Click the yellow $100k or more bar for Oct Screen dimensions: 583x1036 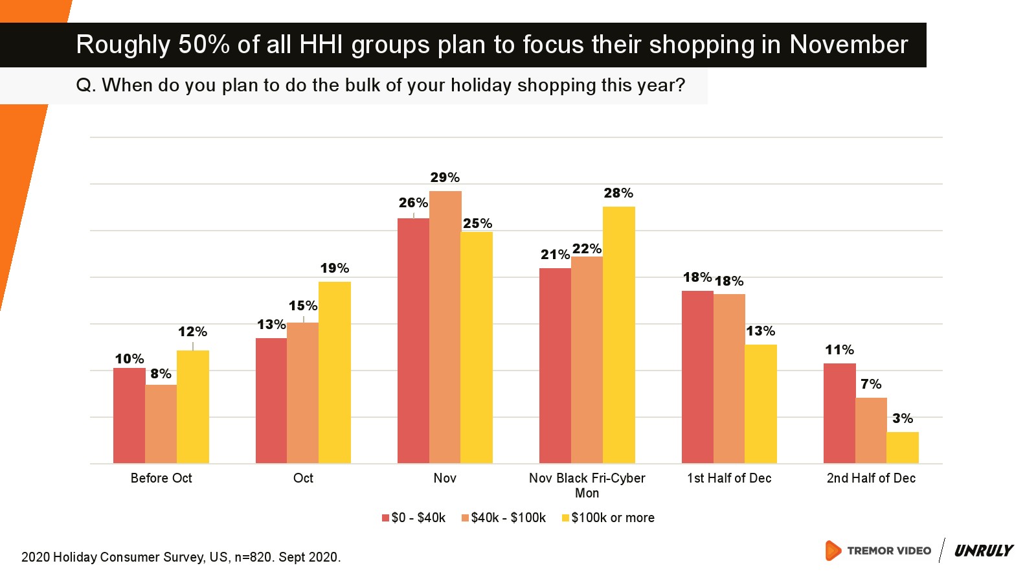335,372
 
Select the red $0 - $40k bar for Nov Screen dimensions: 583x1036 413,341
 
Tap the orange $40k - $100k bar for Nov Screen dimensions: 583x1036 445,327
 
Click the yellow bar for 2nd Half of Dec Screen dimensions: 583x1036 903,448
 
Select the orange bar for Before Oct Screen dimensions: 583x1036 161,424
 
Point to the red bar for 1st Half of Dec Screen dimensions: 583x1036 697,377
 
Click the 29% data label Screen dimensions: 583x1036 445,177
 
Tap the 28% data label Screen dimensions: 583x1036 618,193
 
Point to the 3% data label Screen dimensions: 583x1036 903,418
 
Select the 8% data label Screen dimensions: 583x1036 161,374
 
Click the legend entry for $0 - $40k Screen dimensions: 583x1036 414,518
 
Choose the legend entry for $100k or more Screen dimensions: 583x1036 608,518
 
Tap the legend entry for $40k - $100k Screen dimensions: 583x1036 504,518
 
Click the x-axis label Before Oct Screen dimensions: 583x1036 161,478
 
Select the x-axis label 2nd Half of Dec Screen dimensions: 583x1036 871,478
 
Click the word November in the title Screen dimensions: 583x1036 848,45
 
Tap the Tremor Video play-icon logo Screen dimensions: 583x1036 833,551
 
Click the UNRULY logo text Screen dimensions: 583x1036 984,551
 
